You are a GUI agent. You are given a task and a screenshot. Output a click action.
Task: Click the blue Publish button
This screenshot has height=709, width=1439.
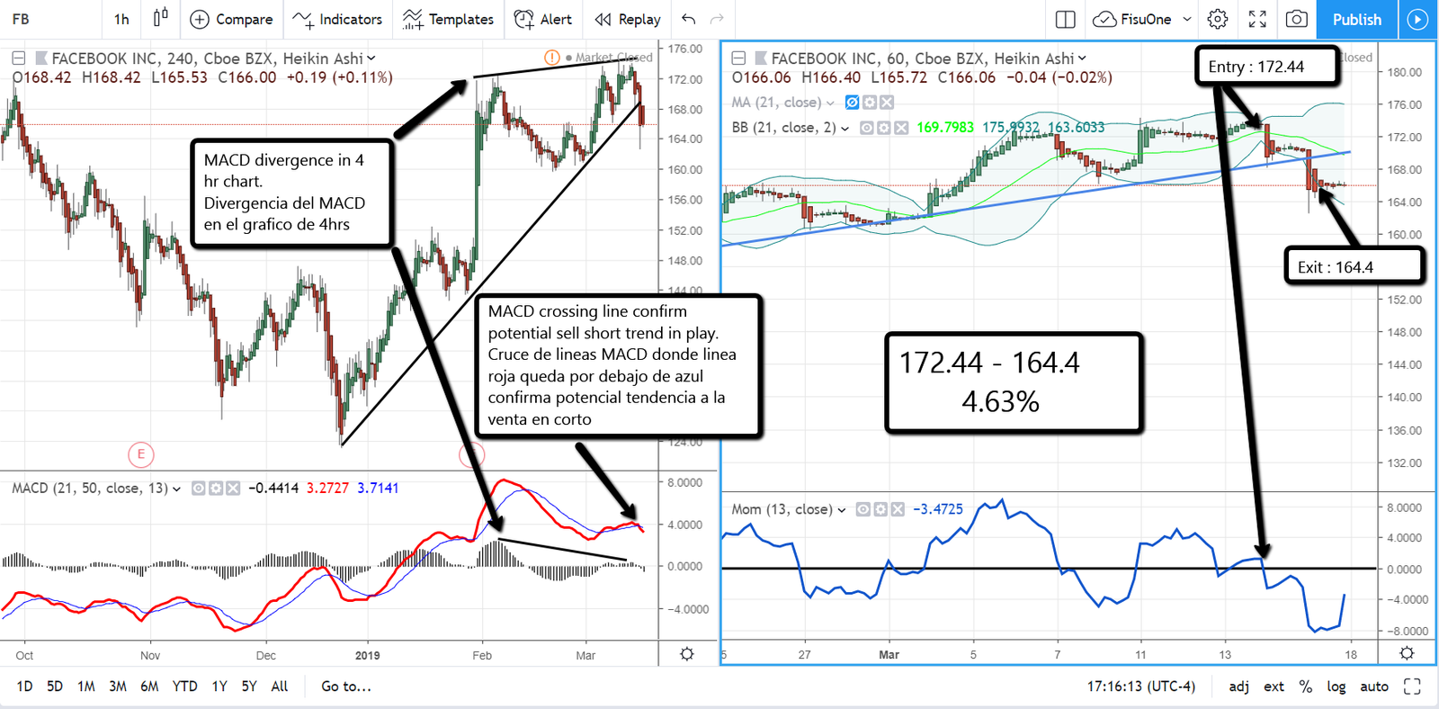(x=1356, y=19)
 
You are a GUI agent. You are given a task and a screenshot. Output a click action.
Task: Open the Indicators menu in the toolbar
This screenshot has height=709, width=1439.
(x=338, y=19)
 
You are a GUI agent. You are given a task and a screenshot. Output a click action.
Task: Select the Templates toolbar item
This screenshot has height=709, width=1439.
(x=448, y=19)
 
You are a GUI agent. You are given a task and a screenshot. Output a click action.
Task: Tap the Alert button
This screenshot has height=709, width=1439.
(x=543, y=19)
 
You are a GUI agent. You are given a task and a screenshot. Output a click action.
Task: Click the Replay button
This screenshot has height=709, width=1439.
(x=628, y=19)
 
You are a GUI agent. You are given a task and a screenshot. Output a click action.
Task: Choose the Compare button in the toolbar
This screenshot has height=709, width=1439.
(x=232, y=19)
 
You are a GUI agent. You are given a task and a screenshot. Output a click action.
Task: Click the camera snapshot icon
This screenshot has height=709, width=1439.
(x=1296, y=19)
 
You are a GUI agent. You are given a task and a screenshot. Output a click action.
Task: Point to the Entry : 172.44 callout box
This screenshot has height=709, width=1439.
(x=1266, y=67)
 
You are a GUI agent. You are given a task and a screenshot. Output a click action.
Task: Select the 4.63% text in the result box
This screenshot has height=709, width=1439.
(x=1000, y=401)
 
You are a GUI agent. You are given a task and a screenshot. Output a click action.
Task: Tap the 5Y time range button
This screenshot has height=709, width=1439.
(x=249, y=687)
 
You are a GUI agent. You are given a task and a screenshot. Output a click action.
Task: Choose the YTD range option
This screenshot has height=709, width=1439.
(x=184, y=687)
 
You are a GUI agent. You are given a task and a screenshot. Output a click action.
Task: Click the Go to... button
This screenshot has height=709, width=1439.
(x=346, y=687)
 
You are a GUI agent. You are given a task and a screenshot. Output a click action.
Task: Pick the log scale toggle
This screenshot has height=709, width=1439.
(x=1336, y=687)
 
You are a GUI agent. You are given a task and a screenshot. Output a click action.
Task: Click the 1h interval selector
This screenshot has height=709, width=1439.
(x=121, y=19)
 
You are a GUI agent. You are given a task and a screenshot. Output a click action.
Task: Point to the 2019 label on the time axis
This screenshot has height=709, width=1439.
(x=368, y=655)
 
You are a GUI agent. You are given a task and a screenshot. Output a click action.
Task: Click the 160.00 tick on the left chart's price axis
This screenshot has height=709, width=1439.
(x=684, y=169)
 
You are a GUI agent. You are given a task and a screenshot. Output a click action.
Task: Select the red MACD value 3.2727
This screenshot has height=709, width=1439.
(x=327, y=488)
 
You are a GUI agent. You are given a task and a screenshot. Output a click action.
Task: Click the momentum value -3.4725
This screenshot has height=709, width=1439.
(x=938, y=509)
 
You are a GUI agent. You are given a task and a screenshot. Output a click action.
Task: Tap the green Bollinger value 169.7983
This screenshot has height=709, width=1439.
(x=944, y=128)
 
